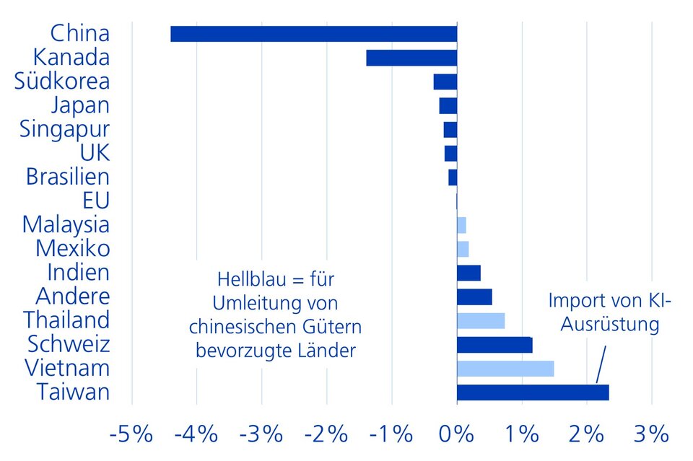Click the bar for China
(x=313, y=34)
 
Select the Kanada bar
(x=411, y=58)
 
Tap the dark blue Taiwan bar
(x=533, y=392)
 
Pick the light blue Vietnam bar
(x=505, y=369)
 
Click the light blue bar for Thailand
(x=481, y=320)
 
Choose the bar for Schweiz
(x=494, y=345)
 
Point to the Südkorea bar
(x=445, y=82)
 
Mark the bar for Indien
(x=468, y=273)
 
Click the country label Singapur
(x=65, y=129)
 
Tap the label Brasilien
(x=68, y=177)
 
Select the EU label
(x=97, y=201)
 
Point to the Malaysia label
(x=66, y=224)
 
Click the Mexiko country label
(x=73, y=249)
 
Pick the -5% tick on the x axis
(x=131, y=434)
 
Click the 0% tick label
(x=456, y=434)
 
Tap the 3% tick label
(x=652, y=434)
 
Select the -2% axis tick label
(x=326, y=434)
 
